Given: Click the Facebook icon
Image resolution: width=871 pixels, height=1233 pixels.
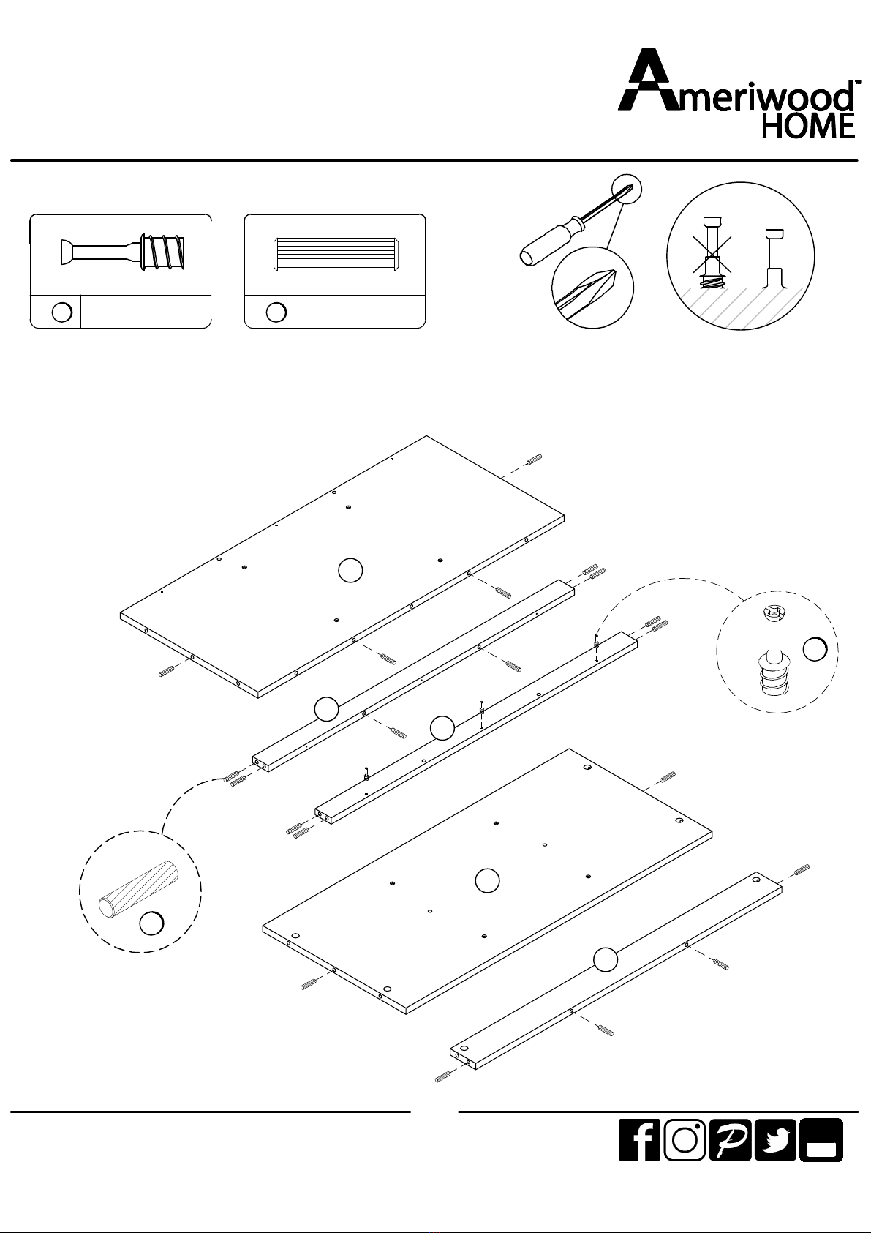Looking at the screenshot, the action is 639,1140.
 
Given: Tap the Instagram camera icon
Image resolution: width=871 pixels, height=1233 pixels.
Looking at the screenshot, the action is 685,1140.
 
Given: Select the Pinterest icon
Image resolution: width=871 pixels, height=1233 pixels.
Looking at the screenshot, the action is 730,1140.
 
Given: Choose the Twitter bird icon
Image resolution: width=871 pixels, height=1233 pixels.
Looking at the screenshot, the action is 775,1140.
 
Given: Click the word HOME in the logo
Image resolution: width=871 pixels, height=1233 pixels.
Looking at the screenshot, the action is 807,126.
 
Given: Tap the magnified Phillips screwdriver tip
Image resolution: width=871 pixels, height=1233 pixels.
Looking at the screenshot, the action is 593,288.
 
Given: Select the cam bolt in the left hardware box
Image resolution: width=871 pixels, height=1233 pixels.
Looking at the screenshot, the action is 123,252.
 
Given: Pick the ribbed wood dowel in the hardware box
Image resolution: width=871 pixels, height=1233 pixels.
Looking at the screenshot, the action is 336,255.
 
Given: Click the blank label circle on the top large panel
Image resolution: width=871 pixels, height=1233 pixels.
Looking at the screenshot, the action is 350,570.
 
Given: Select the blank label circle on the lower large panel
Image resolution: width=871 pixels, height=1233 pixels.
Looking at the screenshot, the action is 487,880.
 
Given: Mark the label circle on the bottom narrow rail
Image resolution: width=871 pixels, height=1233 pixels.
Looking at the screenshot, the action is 606,959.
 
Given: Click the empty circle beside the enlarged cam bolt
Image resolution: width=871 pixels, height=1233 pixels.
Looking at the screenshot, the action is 815,649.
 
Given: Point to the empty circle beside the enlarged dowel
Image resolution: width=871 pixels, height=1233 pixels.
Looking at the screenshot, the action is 151,923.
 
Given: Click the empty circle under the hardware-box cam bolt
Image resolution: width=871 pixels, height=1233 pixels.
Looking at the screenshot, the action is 61,312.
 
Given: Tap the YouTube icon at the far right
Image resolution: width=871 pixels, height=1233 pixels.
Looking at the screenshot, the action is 821,1140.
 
